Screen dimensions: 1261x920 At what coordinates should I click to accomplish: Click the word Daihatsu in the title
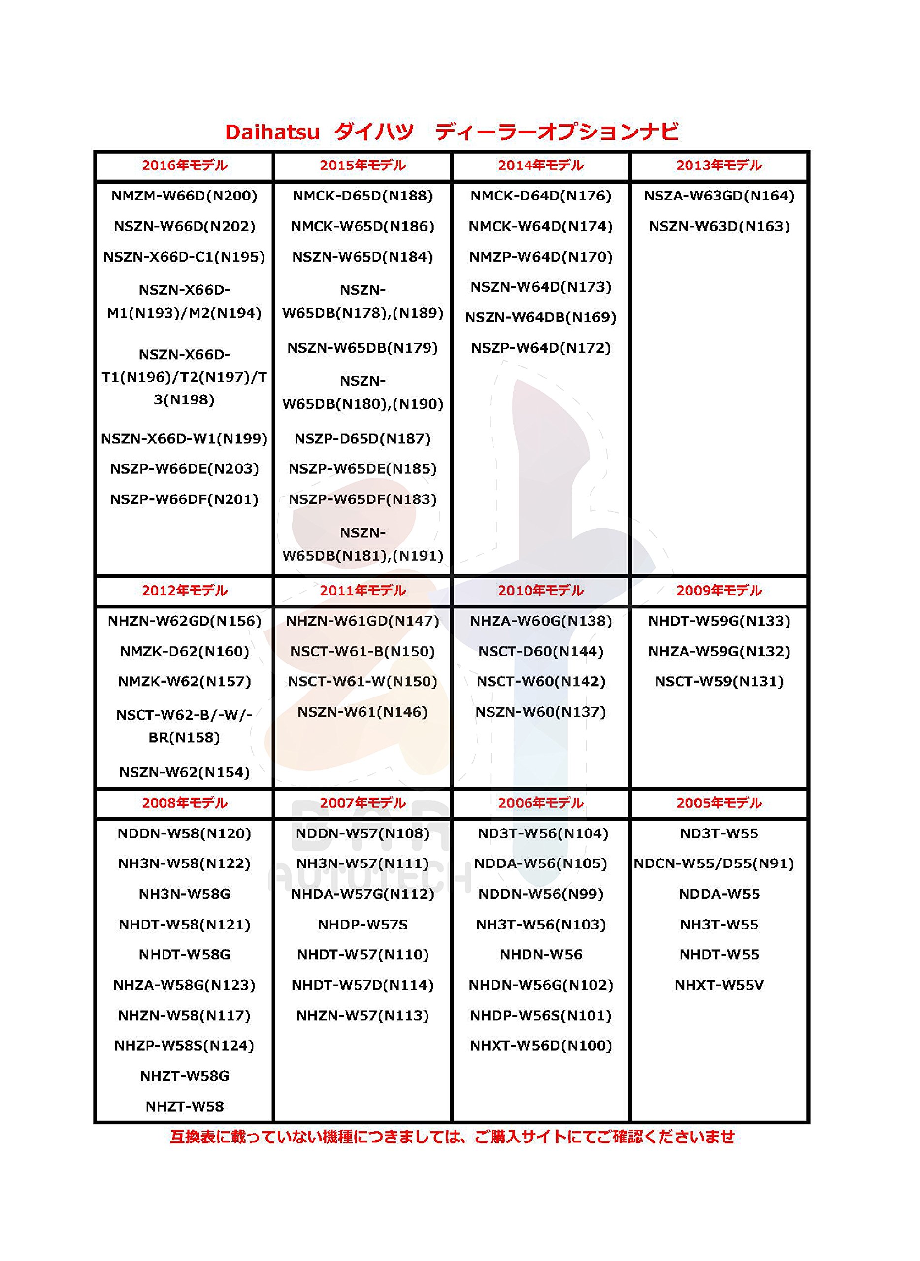pyautogui.click(x=272, y=133)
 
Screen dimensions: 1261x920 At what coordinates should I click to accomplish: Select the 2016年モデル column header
pyautogui.click(x=184, y=166)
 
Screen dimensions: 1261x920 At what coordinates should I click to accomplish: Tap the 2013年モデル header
pyautogui.click(x=719, y=166)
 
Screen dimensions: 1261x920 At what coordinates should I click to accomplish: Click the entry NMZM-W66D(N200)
pyautogui.click(x=184, y=196)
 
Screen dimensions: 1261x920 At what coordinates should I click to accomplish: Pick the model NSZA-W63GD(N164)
pyautogui.click(x=719, y=196)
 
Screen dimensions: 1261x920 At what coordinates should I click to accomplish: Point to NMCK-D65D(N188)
pyautogui.click(x=362, y=196)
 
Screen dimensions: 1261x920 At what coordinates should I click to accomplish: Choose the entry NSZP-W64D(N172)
pyautogui.click(x=541, y=348)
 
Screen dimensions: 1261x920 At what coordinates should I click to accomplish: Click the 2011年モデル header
pyautogui.click(x=362, y=591)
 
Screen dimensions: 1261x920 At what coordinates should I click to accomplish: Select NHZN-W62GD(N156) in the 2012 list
pyautogui.click(x=184, y=621)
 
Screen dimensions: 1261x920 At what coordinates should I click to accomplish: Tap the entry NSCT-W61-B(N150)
pyautogui.click(x=362, y=652)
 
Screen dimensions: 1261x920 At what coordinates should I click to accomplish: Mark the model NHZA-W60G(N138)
pyautogui.click(x=541, y=621)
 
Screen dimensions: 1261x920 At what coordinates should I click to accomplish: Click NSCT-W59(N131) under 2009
pyautogui.click(x=719, y=682)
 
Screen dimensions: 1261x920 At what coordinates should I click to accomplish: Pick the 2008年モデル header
pyautogui.click(x=184, y=803)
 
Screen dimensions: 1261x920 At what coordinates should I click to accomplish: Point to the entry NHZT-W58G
pyautogui.click(x=184, y=1076)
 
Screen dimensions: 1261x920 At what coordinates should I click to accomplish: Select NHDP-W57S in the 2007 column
pyautogui.click(x=362, y=925)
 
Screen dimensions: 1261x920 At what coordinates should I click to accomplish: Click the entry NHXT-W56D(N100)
pyautogui.click(x=541, y=1045)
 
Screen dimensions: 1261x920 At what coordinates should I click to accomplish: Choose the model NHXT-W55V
pyautogui.click(x=719, y=985)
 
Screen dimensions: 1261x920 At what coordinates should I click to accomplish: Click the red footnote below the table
pyautogui.click(x=452, y=1137)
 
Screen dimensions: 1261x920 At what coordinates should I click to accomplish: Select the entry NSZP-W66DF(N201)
pyautogui.click(x=184, y=499)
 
